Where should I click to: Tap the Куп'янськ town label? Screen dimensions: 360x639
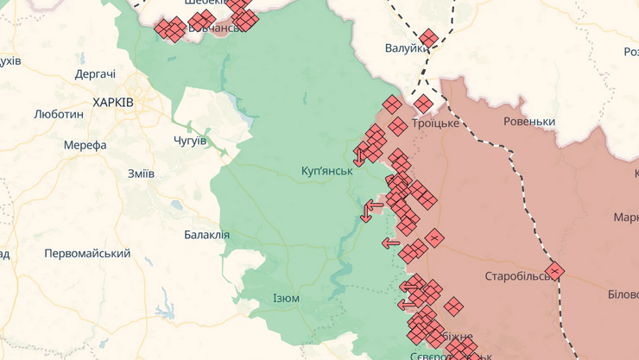coord(328,171)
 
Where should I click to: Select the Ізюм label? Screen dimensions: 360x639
coord(286,299)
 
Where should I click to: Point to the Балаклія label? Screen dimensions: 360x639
coord(207,235)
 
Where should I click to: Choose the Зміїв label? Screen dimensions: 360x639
coord(141,174)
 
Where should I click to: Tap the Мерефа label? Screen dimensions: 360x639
coord(85,145)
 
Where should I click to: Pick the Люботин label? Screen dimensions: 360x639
coord(59,114)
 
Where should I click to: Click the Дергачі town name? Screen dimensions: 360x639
coord(95,74)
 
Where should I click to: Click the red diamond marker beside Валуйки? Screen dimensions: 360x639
coord(429,38)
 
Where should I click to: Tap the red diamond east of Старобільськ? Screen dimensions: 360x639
coord(554,271)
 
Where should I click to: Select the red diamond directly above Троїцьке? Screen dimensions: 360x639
coord(423,104)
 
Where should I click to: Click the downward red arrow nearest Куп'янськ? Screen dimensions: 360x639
coord(359,157)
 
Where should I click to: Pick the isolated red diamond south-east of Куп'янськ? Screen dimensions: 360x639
coord(434,237)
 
